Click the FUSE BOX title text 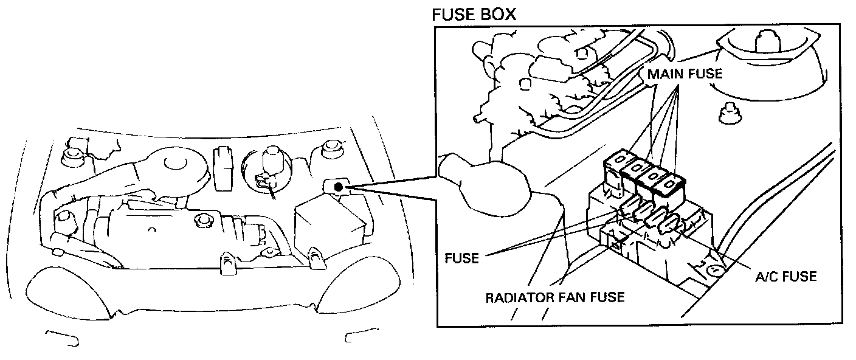[474, 14]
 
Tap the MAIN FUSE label [685, 74]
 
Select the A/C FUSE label [785, 277]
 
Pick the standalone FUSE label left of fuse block [461, 258]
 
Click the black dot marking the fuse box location [338, 188]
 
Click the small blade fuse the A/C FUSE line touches [668, 223]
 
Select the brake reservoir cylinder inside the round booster [268, 161]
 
